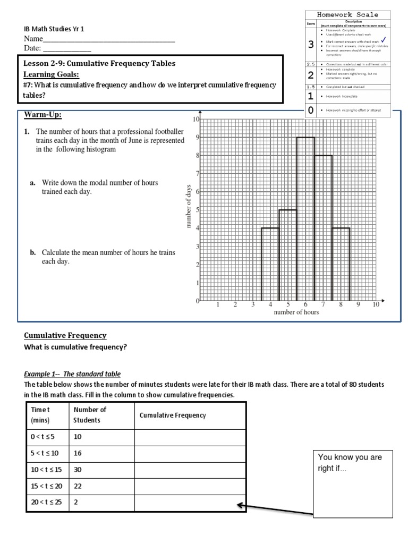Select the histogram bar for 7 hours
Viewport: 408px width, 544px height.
click(x=323, y=228)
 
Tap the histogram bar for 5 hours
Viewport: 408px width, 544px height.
click(x=287, y=255)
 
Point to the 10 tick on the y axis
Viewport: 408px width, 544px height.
click(x=195, y=120)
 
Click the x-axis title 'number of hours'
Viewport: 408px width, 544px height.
click(x=296, y=312)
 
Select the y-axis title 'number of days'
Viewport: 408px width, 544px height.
click(x=188, y=210)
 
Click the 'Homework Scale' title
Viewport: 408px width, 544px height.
click(x=348, y=15)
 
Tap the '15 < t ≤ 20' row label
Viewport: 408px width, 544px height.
click(x=46, y=486)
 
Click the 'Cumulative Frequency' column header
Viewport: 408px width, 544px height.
click(x=172, y=415)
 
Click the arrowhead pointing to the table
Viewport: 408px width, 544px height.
click(x=241, y=505)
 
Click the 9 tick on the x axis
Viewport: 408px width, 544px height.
click(x=358, y=305)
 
